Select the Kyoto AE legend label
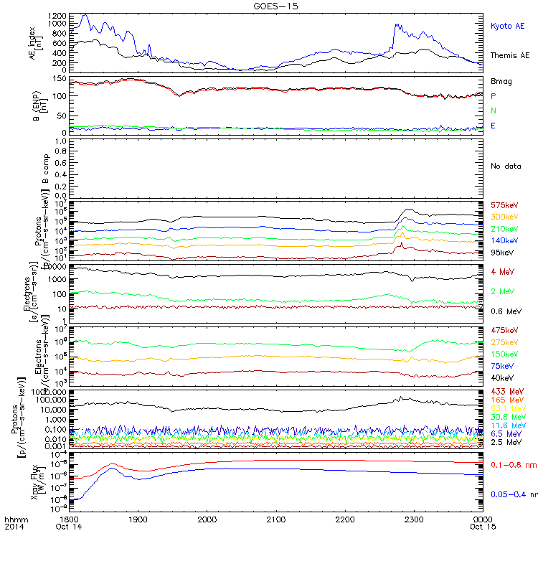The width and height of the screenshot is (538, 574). click(507, 26)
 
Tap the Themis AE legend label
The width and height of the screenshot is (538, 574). click(509, 55)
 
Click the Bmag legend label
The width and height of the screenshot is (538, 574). click(499, 81)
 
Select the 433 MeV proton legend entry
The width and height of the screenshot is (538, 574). click(505, 392)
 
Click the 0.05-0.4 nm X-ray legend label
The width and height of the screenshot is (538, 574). click(511, 495)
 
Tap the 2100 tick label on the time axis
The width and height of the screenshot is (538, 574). click(276, 518)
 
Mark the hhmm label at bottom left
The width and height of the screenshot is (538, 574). click(14, 518)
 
